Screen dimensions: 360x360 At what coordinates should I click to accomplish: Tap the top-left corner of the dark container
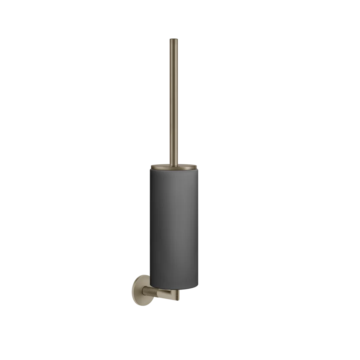coord(147,170)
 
